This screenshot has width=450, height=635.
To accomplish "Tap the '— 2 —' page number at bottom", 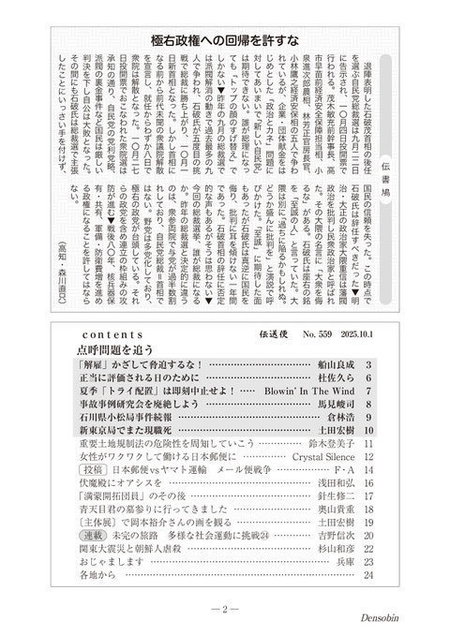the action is tap(226, 610).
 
